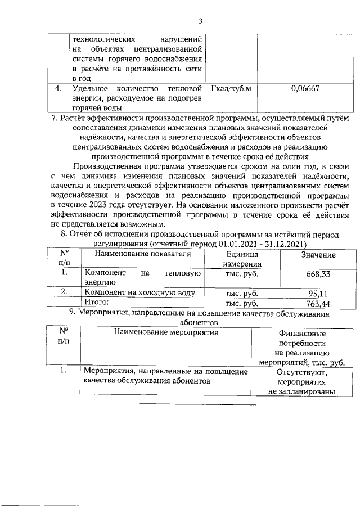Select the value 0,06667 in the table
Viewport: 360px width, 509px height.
tap(305, 88)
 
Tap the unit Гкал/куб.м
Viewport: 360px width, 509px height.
tap(231, 88)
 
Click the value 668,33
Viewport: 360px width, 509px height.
tap(318, 274)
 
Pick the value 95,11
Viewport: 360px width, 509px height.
tap(318, 293)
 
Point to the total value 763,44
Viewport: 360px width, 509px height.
tap(317, 304)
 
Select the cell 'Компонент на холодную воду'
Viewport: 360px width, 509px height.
tap(139, 293)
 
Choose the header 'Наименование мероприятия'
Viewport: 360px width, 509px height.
tap(166, 332)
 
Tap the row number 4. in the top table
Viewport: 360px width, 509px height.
tap(57, 88)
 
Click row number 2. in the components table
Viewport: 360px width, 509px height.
tap(65, 292)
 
